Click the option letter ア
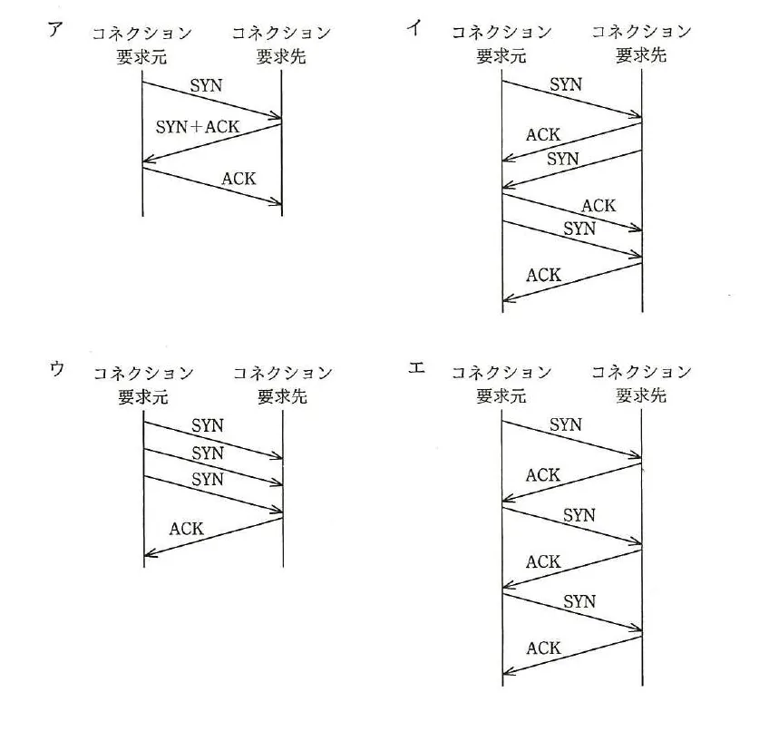click(x=55, y=29)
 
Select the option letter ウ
click(x=56, y=369)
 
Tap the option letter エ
click(x=416, y=368)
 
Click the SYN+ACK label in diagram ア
click(x=198, y=127)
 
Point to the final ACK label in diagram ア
click(x=238, y=179)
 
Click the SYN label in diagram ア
click(x=206, y=85)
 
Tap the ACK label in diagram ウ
click(x=187, y=528)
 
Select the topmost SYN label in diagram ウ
click(x=208, y=425)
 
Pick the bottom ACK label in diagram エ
click(x=543, y=648)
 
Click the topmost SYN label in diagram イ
click(x=566, y=84)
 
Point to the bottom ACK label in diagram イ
click(x=543, y=275)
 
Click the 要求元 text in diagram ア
click(x=141, y=57)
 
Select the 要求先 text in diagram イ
click(x=641, y=55)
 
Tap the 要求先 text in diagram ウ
click(x=282, y=396)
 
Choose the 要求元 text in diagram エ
click(x=501, y=396)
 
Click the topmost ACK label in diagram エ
click(x=543, y=475)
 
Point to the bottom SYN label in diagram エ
click(x=579, y=601)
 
